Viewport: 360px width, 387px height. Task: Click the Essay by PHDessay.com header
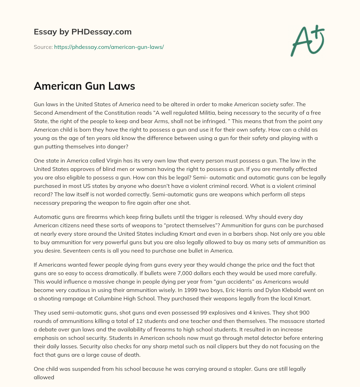83,32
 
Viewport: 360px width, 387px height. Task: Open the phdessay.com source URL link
109,47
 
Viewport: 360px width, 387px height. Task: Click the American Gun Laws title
84,86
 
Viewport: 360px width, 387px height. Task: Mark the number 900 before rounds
304,313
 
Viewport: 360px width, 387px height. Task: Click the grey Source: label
43,47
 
